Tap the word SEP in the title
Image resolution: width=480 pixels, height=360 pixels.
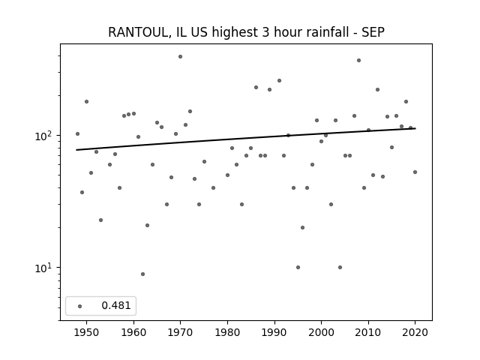tap(373, 32)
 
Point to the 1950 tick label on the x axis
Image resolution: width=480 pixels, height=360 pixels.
tap(86, 332)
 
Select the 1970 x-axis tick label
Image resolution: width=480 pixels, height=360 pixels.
tap(180, 332)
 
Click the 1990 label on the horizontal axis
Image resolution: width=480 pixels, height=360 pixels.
tap(274, 332)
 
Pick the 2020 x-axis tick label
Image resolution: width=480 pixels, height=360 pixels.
tap(415, 332)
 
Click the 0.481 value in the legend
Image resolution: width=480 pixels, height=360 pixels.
tap(116, 305)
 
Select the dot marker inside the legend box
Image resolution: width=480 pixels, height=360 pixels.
tap(80, 306)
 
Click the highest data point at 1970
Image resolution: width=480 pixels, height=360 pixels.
tap(180, 57)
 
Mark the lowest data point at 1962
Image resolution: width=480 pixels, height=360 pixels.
tap(142, 274)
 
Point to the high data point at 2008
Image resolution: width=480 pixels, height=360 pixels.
tap(358, 60)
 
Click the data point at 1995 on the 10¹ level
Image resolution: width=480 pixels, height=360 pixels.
tap(298, 267)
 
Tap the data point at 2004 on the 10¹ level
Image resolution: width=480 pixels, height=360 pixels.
tap(340, 267)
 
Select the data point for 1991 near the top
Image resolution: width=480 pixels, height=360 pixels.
tap(279, 81)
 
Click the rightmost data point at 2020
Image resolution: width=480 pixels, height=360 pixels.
tap(415, 172)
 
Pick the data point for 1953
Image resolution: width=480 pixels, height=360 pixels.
tap(100, 220)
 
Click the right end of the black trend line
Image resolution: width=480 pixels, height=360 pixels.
tap(415, 128)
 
